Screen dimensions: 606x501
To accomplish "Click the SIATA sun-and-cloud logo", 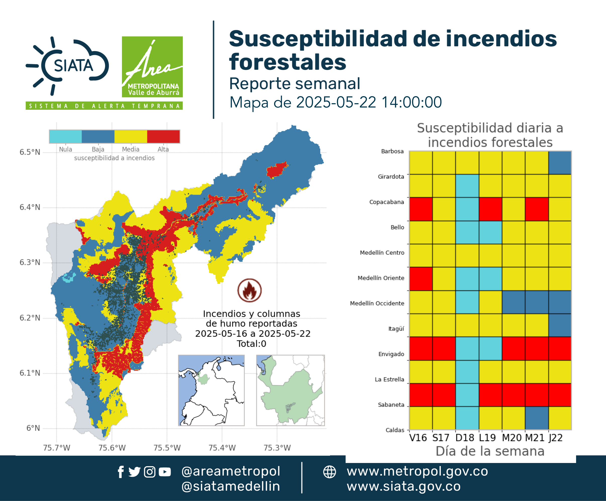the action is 67,66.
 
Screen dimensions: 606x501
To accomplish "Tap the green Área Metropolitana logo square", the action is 152,67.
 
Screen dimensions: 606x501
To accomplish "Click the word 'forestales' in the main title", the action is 288,62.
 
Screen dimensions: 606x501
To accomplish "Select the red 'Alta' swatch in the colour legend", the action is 163,136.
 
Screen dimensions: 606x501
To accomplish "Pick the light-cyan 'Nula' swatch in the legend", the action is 65,136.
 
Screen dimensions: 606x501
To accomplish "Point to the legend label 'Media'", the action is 130,149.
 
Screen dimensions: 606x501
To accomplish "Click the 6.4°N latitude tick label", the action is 30,207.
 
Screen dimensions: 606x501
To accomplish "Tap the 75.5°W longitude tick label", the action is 167,448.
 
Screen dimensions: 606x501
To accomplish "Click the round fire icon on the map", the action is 250,290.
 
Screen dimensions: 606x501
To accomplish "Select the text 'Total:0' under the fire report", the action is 251,344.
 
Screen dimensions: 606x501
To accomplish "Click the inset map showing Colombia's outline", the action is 211,390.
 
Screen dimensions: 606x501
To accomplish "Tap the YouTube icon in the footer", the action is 165,472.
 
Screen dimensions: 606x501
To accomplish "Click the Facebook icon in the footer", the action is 121,472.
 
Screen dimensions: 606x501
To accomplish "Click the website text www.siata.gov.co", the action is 403,486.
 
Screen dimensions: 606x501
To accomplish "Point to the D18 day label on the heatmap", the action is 464,438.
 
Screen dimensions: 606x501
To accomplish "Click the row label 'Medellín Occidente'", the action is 377,303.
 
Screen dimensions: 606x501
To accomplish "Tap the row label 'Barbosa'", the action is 392,151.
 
